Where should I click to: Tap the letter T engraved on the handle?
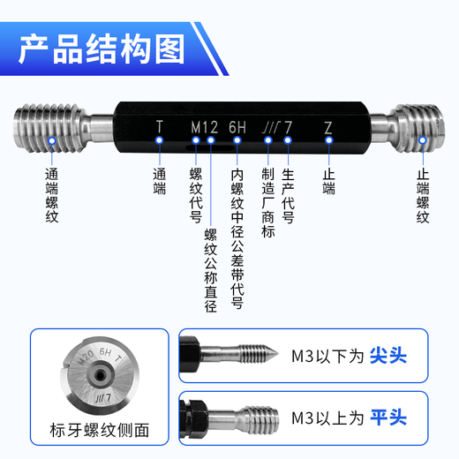click(160, 126)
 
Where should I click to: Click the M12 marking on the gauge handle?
click(204, 127)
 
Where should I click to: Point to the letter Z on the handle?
click(327, 127)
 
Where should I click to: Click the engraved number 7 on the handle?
click(288, 127)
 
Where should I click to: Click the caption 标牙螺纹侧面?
click(99, 431)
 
